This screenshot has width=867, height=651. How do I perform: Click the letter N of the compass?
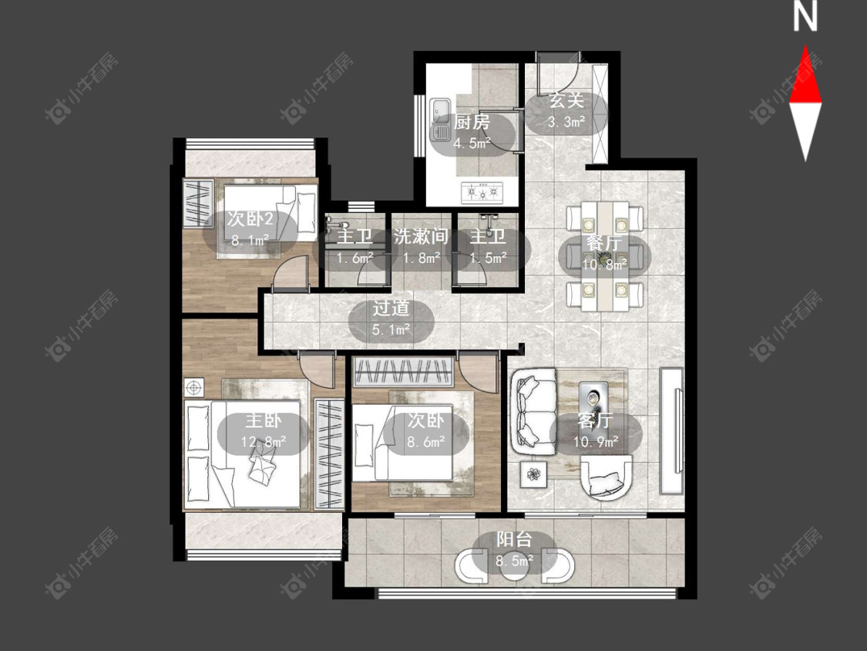click(x=805, y=17)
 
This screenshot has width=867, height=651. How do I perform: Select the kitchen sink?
click(x=441, y=119)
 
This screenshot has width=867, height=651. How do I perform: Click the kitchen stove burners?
click(x=482, y=192)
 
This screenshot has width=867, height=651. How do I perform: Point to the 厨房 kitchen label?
click(x=472, y=122)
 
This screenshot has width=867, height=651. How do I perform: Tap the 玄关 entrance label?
click(x=566, y=100)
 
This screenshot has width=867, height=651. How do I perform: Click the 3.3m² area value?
click(x=566, y=122)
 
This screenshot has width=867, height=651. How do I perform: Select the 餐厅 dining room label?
click(x=604, y=243)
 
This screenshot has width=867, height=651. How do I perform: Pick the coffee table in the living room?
click(x=593, y=400)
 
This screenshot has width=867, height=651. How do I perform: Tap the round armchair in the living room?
click(x=606, y=477)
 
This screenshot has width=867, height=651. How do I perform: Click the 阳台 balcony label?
click(x=514, y=538)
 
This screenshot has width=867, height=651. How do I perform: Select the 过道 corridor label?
click(x=391, y=309)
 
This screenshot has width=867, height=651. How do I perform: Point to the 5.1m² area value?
click(x=391, y=330)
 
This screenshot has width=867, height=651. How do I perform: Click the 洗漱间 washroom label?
click(x=420, y=237)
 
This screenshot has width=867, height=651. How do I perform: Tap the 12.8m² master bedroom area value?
click(x=264, y=442)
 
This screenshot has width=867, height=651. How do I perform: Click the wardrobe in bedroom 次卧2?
click(x=198, y=203)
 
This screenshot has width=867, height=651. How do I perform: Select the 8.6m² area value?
click(x=426, y=442)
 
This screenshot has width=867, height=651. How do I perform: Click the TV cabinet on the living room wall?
click(x=672, y=430)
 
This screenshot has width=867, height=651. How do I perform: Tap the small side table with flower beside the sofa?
click(x=533, y=474)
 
